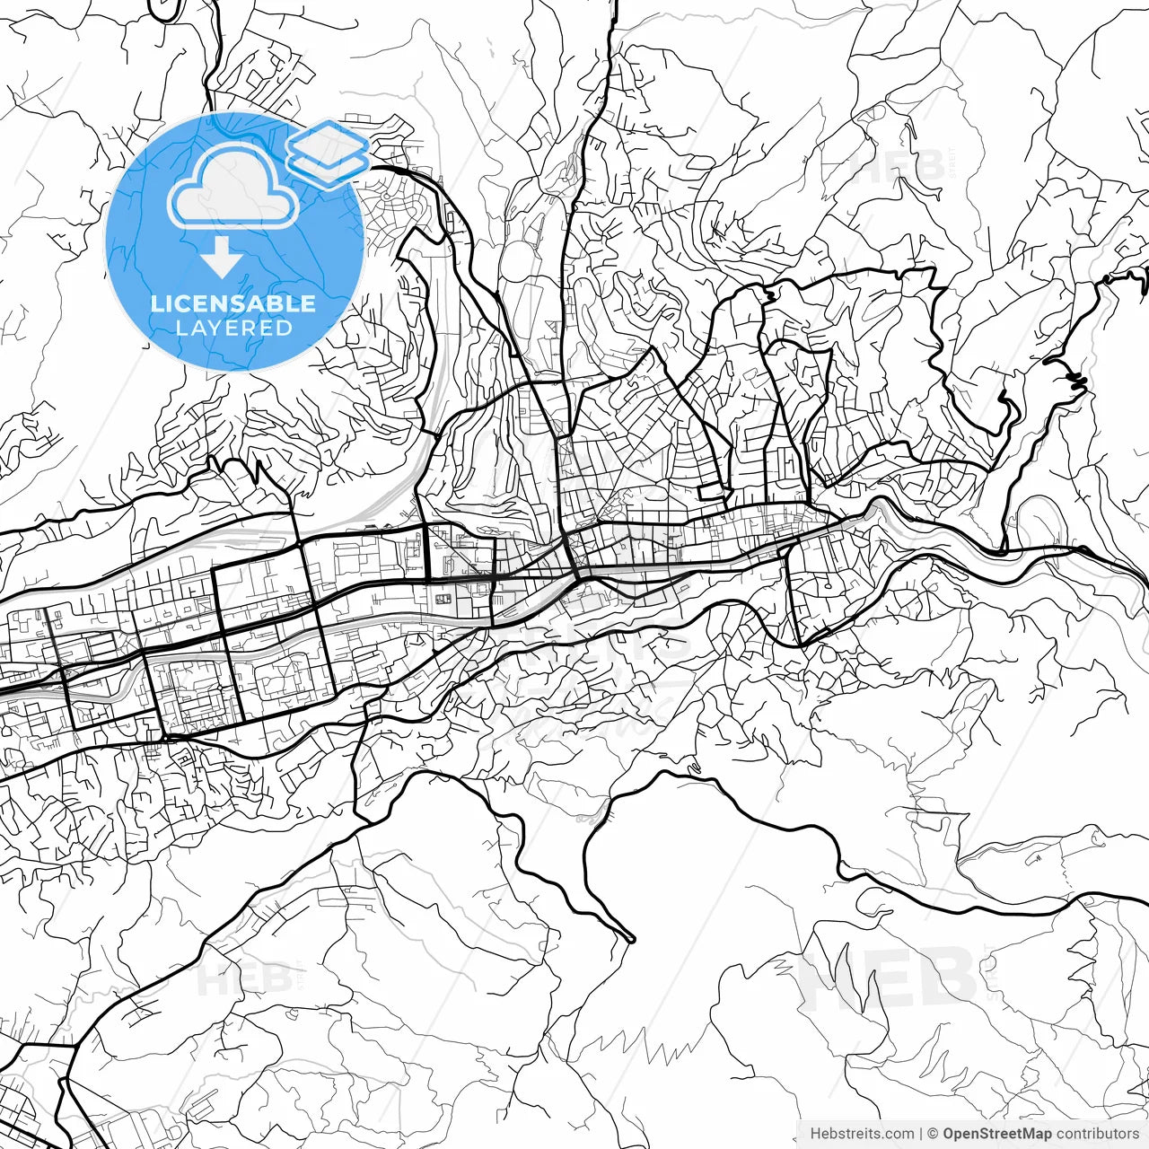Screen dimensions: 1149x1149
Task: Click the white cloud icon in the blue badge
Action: (x=233, y=189)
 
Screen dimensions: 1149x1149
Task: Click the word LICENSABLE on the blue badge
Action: (x=233, y=303)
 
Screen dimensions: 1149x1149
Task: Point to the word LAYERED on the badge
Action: (x=233, y=328)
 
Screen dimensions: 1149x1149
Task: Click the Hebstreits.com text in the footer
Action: (x=862, y=1134)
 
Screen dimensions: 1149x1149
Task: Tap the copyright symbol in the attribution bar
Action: (x=933, y=1134)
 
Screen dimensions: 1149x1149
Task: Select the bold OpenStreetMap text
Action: (x=996, y=1134)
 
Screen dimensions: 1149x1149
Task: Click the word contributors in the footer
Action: (x=1097, y=1134)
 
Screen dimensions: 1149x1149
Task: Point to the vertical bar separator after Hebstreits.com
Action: (x=921, y=1134)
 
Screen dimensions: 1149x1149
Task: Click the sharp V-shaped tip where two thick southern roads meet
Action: (x=631, y=939)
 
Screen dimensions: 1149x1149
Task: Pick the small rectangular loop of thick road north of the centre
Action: (x=714, y=490)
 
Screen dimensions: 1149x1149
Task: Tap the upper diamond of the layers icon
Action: (x=328, y=142)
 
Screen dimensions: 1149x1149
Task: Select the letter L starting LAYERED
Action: (x=180, y=328)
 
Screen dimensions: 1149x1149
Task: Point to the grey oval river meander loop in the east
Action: (x=1041, y=516)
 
